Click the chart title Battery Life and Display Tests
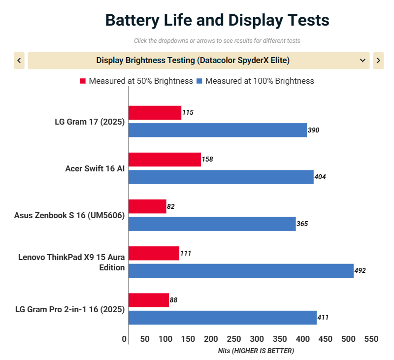(x=217, y=21)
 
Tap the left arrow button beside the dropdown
(x=19, y=61)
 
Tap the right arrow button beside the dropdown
(x=378, y=61)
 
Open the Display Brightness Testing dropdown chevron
(x=362, y=61)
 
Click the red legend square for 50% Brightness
(x=83, y=81)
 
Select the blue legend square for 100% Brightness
(x=199, y=81)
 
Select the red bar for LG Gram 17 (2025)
(x=155, y=113)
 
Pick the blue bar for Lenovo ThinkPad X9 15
(x=241, y=271)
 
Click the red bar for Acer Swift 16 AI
(x=164, y=160)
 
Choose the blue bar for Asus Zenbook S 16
(x=212, y=224)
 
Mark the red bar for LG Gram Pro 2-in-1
(x=149, y=300)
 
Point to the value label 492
(x=360, y=271)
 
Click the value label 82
(x=171, y=206)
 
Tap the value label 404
(x=320, y=177)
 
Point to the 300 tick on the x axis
(x=257, y=339)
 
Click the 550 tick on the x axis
(x=371, y=339)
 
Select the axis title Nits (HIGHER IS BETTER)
(x=256, y=351)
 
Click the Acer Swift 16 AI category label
(x=95, y=168)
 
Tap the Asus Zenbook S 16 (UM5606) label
(x=69, y=215)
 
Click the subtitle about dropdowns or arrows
(x=217, y=41)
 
